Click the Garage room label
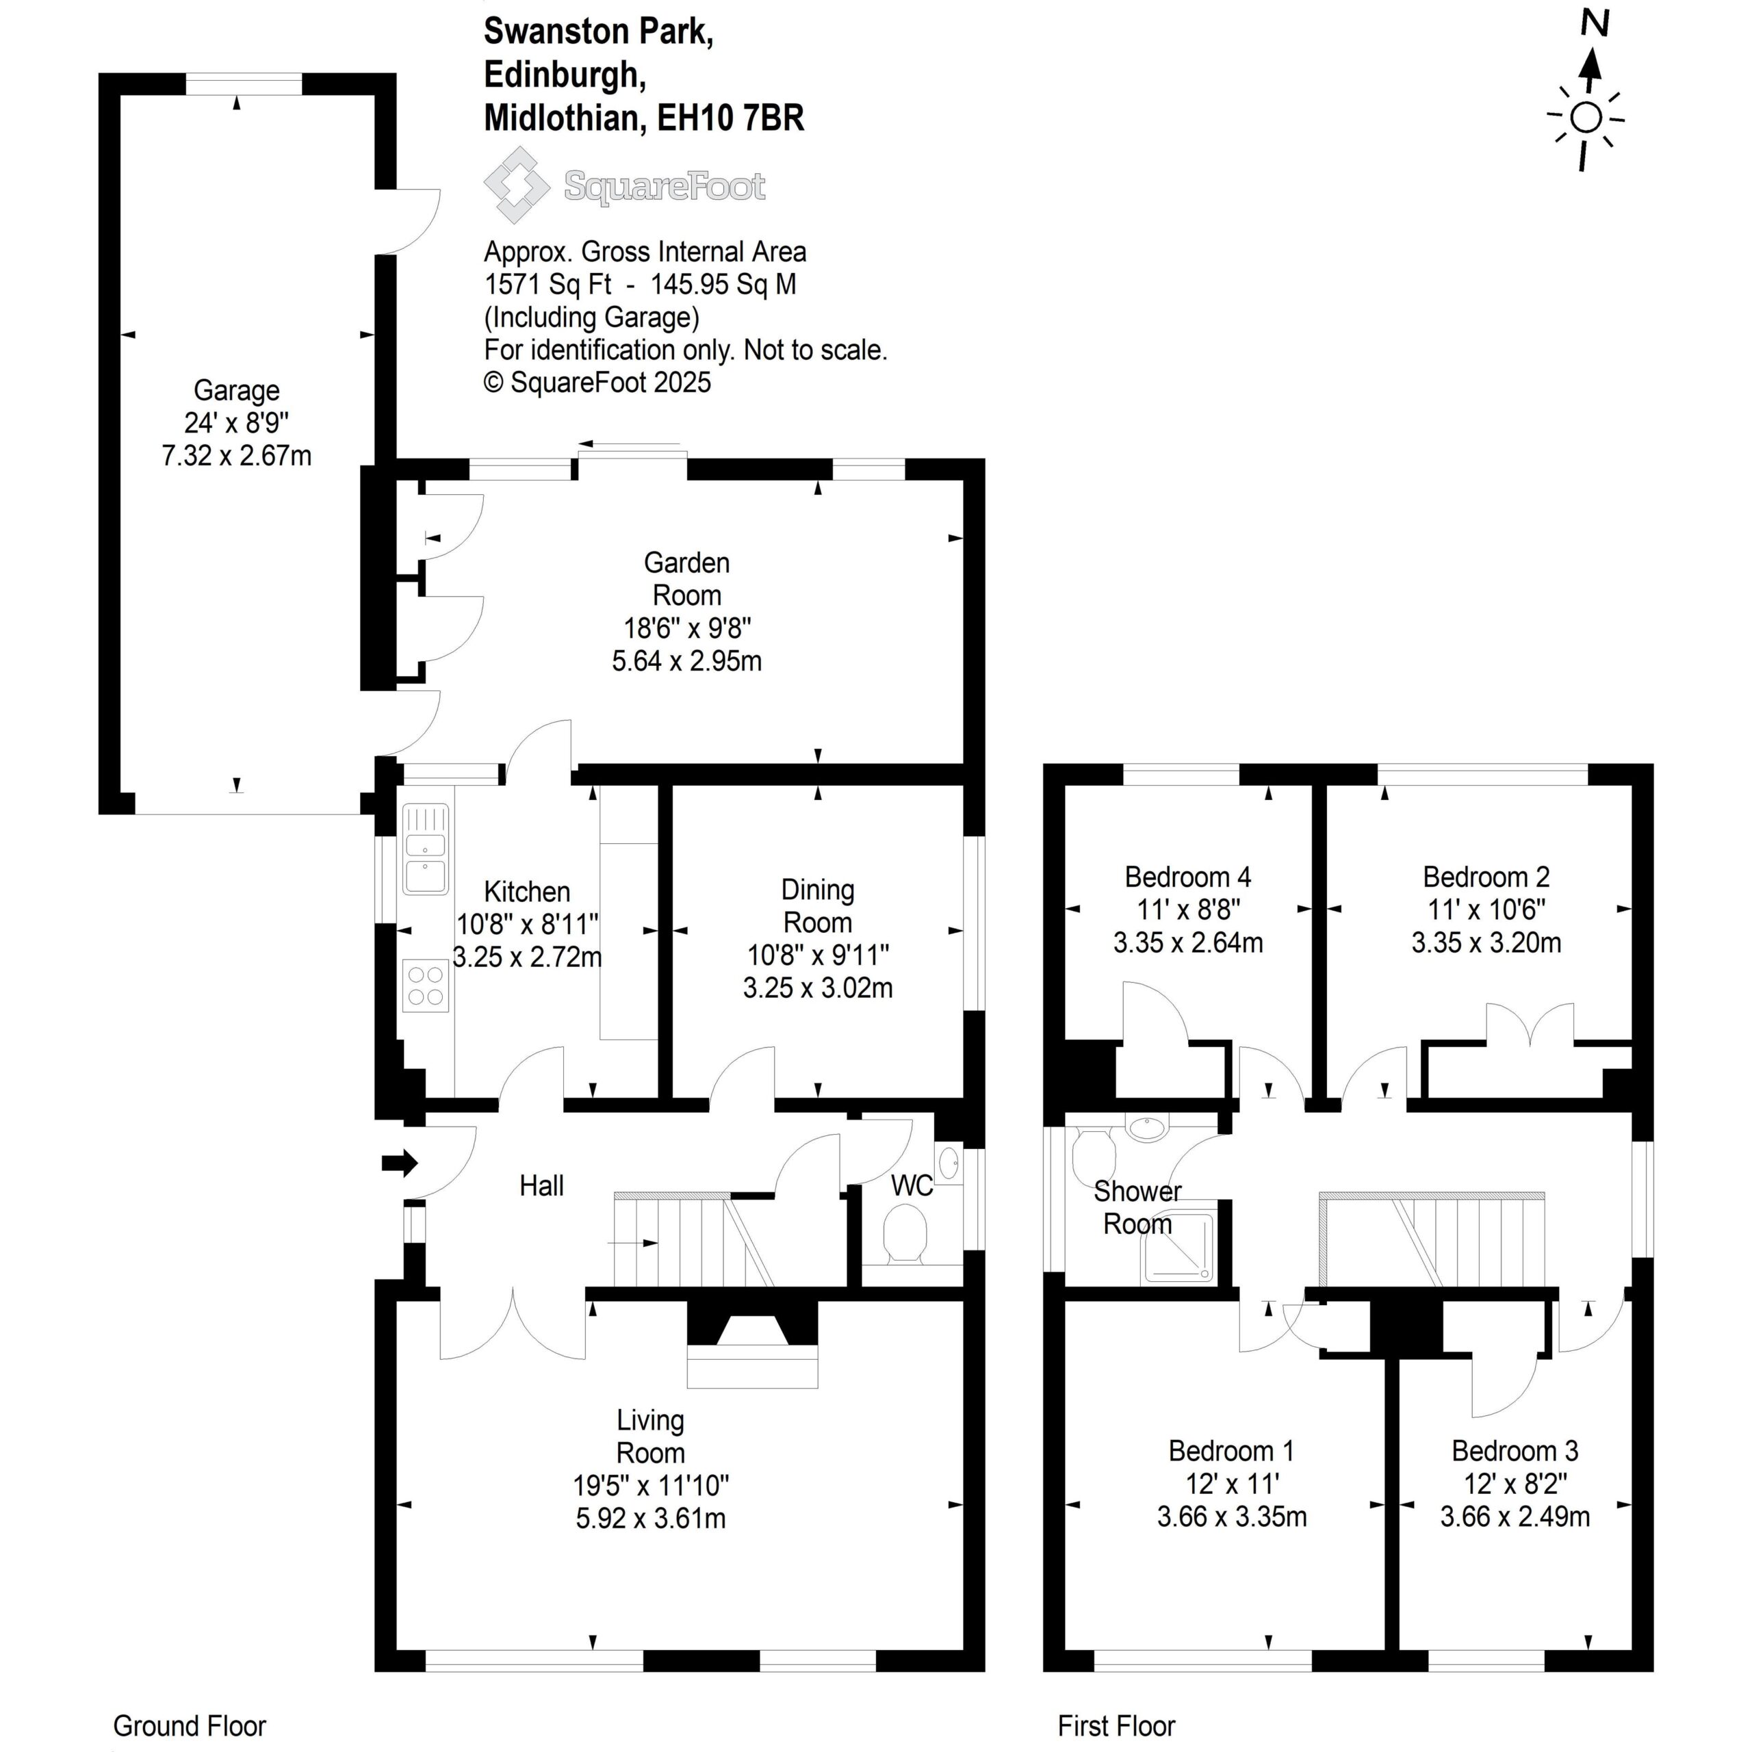point(237,391)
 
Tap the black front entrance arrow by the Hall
point(399,1163)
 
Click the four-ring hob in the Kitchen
point(425,985)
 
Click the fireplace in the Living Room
point(753,1345)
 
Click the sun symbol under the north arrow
point(1586,118)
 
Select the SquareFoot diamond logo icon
point(516,185)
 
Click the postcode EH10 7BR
point(731,118)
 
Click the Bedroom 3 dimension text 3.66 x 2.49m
point(1515,1516)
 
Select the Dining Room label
point(818,906)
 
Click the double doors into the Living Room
point(513,1325)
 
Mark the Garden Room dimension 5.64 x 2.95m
point(686,660)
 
